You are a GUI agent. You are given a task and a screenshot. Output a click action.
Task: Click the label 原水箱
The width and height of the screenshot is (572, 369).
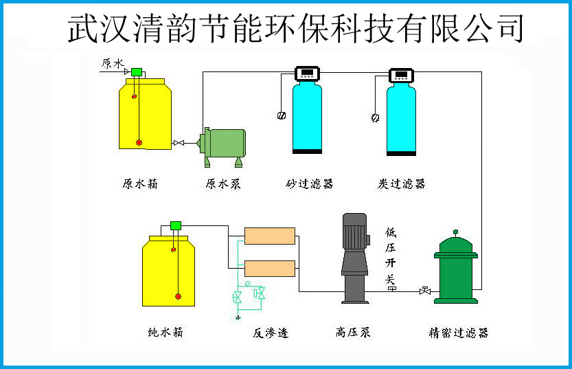tap(140, 183)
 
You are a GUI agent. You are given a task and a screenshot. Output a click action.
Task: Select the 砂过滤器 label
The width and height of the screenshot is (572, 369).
tap(309, 183)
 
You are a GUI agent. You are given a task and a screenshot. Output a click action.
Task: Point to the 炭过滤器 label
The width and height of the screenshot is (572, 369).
tap(401, 183)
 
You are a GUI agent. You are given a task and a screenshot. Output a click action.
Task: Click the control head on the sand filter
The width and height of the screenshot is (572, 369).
tap(307, 74)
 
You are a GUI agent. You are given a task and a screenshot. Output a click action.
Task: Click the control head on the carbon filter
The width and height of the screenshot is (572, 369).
tap(401, 76)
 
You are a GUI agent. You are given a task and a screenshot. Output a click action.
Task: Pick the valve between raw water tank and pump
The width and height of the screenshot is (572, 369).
tap(179, 143)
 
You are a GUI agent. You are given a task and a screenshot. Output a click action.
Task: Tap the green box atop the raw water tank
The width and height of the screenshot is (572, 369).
tap(137, 72)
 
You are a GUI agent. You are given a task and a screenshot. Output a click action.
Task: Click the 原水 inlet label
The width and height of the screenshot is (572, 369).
tap(113, 63)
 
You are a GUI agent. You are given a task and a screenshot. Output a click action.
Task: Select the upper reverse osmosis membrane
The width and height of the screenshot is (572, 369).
tap(270, 236)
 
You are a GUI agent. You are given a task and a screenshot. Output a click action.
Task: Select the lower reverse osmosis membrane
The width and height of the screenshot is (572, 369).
tap(270, 268)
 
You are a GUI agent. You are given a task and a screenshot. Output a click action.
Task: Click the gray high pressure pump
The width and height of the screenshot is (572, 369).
tap(355, 258)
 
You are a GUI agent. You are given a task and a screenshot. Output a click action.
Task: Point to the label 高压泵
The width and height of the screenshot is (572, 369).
tap(353, 332)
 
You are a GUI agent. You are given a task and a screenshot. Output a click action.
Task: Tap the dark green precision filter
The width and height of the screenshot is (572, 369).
tap(456, 268)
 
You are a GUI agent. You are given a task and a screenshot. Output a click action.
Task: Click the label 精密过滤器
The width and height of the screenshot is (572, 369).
tap(459, 333)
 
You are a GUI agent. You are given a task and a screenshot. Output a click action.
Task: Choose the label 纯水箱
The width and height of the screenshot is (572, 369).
tap(165, 332)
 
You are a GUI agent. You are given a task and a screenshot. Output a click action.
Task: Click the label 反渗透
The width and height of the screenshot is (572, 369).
tap(271, 333)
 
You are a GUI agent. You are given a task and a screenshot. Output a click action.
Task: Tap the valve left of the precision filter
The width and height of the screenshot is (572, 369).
tap(425, 291)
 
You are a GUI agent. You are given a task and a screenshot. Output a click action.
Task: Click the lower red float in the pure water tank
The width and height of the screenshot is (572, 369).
tap(178, 296)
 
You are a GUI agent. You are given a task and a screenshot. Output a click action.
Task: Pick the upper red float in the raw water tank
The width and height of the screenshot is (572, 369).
tap(135, 96)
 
